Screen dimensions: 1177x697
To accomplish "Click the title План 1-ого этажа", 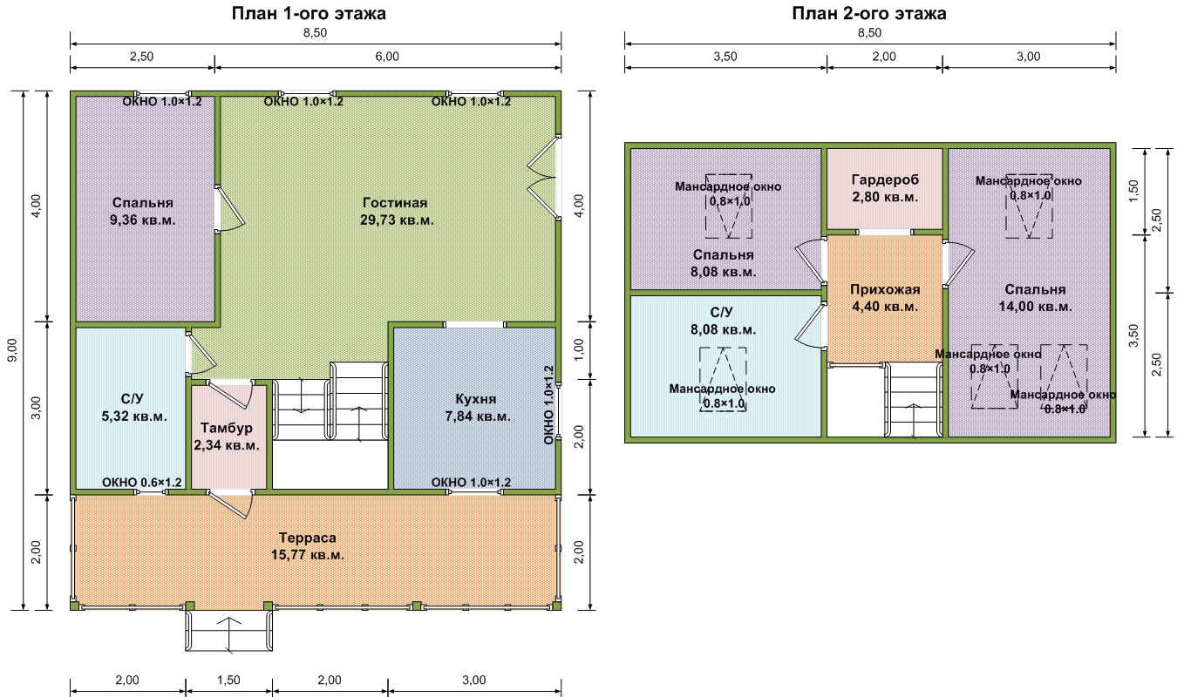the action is (x=309, y=14).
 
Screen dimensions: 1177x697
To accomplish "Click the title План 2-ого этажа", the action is (x=869, y=14).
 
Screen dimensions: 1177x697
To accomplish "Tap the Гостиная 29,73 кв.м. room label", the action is (x=397, y=211).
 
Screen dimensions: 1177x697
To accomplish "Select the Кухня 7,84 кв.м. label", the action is (x=477, y=408).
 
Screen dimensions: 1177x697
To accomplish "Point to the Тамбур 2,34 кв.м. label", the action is (x=227, y=436).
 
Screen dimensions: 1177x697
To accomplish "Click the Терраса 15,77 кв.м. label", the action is (x=308, y=546).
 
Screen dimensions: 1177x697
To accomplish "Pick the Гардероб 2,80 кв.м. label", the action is (x=885, y=188).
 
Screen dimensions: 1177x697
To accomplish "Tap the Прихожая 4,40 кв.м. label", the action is (x=885, y=298).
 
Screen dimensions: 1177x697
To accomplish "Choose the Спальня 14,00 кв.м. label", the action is (x=1035, y=298).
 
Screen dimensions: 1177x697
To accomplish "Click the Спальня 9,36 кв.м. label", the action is (x=142, y=211).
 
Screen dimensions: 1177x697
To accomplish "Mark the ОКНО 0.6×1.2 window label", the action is (x=142, y=482).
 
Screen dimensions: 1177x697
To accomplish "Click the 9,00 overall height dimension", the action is (x=12, y=350).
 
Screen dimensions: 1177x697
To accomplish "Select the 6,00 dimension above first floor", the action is (x=387, y=57).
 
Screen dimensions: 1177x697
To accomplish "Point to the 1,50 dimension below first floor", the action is (x=228, y=680).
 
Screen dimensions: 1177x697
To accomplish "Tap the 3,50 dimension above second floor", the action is (x=725, y=57).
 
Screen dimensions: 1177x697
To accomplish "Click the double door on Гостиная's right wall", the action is (x=543, y=178).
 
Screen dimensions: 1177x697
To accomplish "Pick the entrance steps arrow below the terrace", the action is (x=229, y=634).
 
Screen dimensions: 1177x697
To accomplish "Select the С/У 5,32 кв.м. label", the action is (x=133, y=408).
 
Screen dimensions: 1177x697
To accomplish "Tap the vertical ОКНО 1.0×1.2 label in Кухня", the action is (x=548, y=405).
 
